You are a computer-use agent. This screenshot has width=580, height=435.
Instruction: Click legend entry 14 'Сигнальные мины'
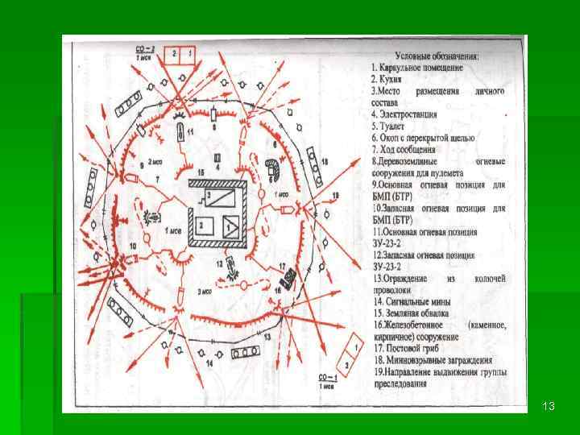411,301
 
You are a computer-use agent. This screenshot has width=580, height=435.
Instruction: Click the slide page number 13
549,405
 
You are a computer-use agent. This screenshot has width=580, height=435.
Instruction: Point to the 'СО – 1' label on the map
326,376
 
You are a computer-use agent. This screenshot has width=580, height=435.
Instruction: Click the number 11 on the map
190,130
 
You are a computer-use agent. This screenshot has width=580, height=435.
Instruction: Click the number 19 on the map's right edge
335,196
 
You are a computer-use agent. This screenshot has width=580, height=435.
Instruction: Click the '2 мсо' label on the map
153,161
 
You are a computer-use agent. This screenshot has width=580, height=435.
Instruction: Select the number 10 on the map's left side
132,244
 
